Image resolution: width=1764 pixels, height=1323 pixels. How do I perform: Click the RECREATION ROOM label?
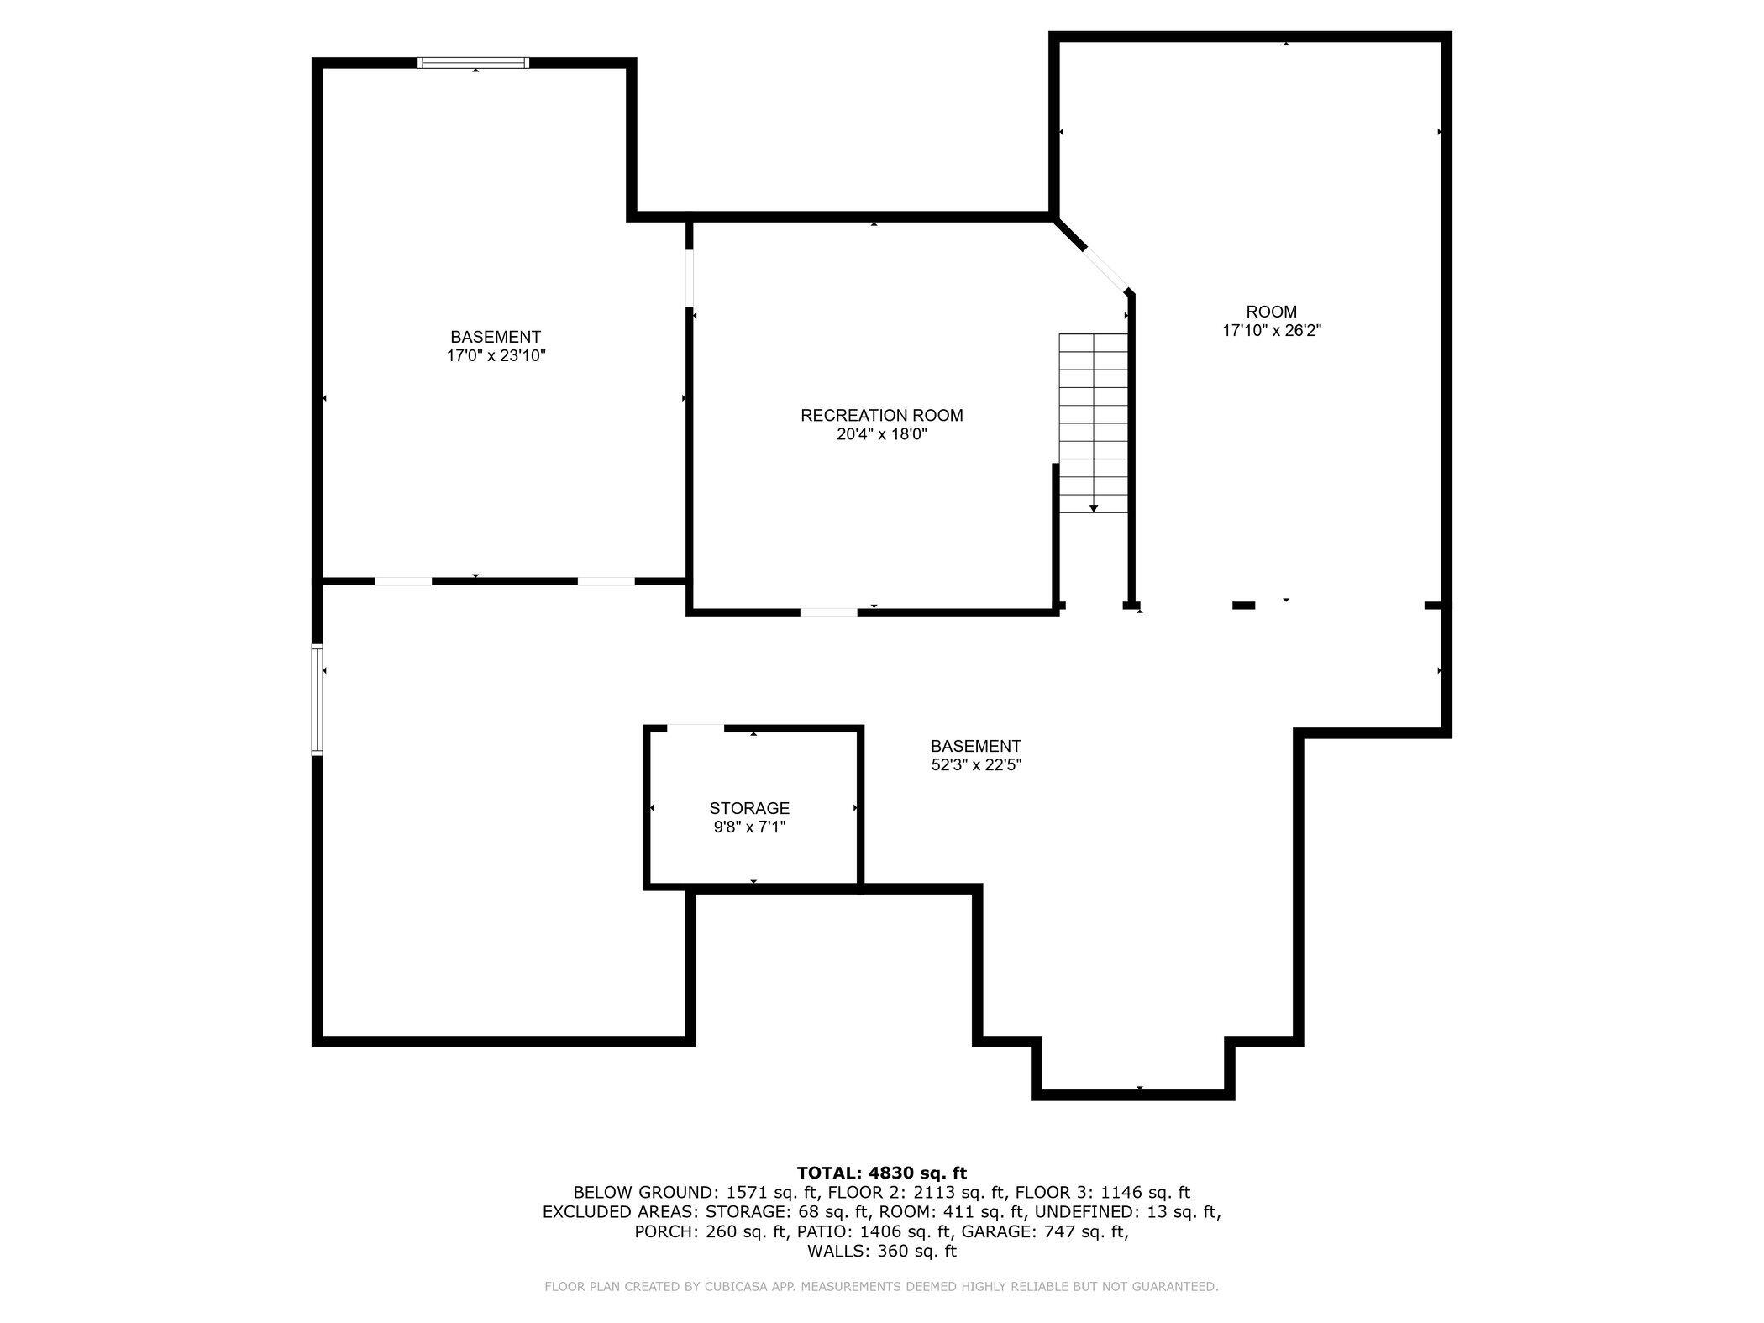(881, 415)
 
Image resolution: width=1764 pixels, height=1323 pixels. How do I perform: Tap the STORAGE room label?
(749, 808)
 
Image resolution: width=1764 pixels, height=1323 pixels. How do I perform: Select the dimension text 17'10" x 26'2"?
(1272, 331)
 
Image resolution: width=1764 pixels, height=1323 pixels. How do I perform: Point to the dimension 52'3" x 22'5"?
(975, 765)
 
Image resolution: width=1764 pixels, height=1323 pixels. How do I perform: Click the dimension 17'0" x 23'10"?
(496, 356)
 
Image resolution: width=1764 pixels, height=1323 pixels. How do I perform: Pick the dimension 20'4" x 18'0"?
(881, 434)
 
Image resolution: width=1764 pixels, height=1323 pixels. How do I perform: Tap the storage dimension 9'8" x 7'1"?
(749, 827)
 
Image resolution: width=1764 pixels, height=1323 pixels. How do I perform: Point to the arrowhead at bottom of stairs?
(1094, 508)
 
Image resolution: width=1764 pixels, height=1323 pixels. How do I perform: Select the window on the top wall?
(474, 62)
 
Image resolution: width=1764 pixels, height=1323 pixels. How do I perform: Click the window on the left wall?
(317, 699)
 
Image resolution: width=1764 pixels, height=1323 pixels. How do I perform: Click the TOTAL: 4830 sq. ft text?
(881, 1173)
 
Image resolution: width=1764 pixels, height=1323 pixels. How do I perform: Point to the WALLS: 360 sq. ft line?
(881, 1251)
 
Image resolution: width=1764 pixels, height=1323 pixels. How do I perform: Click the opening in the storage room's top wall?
(696, 728)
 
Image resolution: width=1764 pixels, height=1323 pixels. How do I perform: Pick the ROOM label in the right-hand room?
(1272, 312)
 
